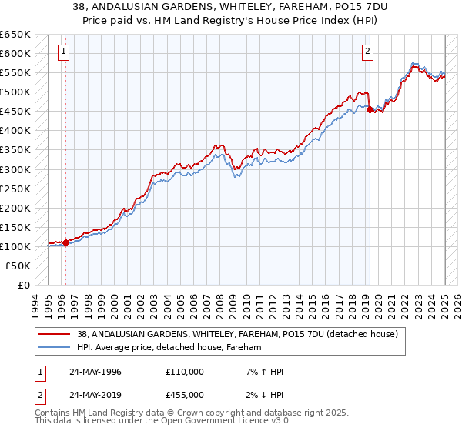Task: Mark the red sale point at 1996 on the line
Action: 66,242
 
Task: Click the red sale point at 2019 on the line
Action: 370,109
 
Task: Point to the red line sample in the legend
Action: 55,334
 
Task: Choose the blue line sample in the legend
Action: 55,347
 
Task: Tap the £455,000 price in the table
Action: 184,394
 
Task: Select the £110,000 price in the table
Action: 184,372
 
